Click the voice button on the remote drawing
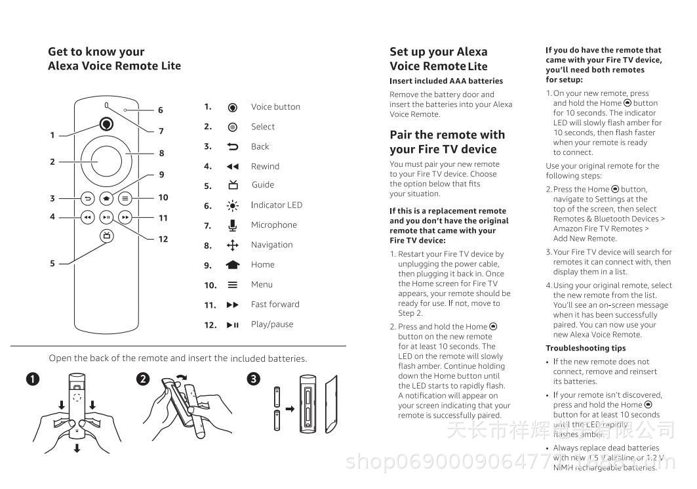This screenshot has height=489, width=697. point(106,124)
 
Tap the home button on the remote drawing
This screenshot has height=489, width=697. point(107,198)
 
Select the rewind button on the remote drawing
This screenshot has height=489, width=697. point(87,217)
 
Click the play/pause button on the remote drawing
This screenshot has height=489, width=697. point(107,217)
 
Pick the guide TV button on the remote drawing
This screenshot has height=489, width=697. point(106,236)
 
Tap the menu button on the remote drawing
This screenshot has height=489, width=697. point(126,198)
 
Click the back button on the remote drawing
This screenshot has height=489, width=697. point(87,198)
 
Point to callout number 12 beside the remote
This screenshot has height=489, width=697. point(163,239)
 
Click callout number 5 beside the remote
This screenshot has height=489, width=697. point(52,264)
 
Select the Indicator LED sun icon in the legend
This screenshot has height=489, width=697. point(232,205)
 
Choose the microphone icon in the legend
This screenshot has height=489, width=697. point(232,225)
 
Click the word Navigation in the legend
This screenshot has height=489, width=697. point(271,245)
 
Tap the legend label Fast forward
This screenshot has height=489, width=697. point(275,305)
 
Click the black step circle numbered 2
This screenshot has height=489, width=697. point(143,379)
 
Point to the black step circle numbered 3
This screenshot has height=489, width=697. point(254,379)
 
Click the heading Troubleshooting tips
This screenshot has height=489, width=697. point(586,349)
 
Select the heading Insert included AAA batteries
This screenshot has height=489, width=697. point(446,81)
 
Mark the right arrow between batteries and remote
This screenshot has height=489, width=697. point(290,409)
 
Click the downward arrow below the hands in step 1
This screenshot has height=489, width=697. point(77,448)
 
